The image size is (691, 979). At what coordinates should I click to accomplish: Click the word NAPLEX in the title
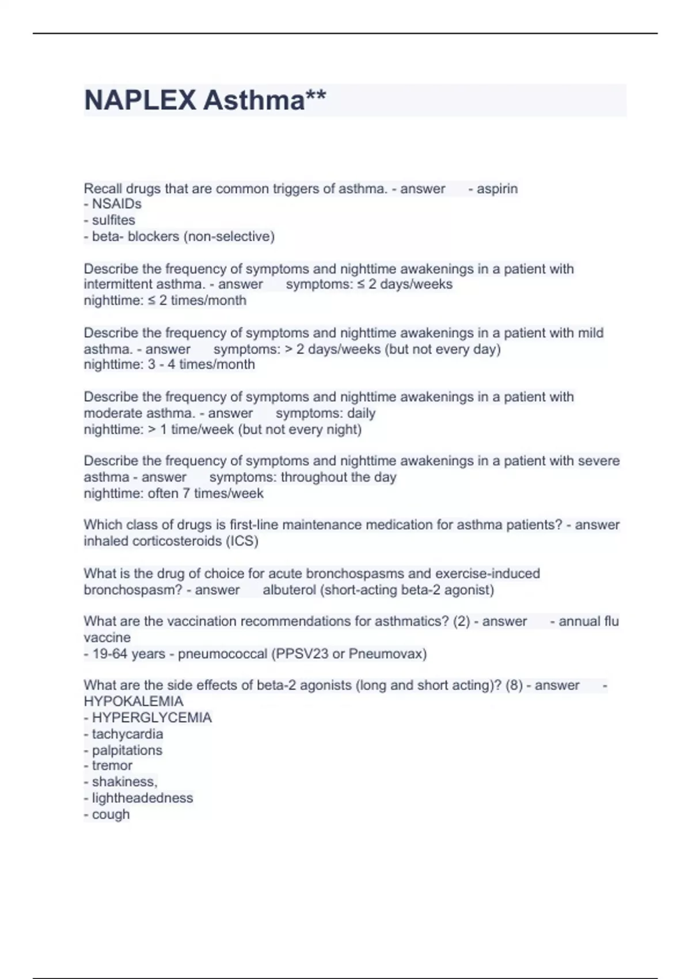[x=140, y=101]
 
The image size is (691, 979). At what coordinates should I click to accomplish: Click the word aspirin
[x=497, y=189]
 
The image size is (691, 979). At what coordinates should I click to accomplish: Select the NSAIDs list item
[x=116, y=204]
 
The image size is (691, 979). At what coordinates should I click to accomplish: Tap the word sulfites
[x=113, y=221]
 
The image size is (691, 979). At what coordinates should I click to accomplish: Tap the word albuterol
[x=289, y=590]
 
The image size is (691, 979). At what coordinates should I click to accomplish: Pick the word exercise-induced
[x=487, y=574]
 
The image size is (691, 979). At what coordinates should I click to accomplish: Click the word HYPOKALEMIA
[x=134, y=702]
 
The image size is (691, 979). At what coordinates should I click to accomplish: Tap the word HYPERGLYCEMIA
[x=152, y=718]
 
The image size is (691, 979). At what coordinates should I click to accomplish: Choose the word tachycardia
[x=127, y=734]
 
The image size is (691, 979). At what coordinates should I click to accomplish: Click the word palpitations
[x=127, y=750]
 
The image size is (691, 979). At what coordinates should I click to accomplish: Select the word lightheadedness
[x=142, y=798]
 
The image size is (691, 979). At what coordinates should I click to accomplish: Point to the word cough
[x=111, y=815]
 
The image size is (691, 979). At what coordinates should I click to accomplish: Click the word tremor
[x=112, y=766]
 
